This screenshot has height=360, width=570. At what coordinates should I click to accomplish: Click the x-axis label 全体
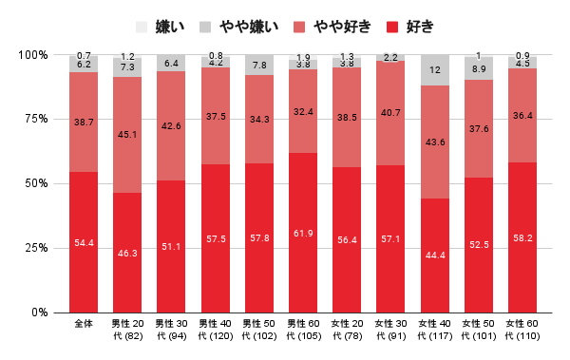click(84, 325)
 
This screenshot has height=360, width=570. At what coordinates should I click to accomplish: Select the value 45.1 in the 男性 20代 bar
click(127, 134)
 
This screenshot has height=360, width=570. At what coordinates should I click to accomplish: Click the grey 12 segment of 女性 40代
click(434, 70)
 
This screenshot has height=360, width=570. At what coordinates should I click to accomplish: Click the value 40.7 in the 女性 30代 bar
click(390, 111)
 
